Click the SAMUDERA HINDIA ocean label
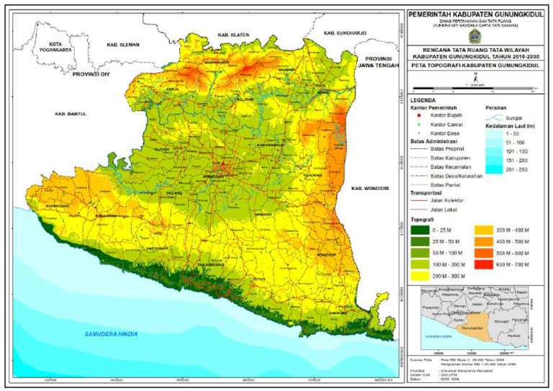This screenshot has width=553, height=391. [x=111, y=333]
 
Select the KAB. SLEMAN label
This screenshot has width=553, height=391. [x=121, y=45]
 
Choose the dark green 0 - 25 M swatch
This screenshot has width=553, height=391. [x=420, y=229]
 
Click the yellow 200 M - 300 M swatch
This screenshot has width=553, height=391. [x=420, y=276]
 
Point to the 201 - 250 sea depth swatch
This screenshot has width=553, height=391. [x=492, y=170]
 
